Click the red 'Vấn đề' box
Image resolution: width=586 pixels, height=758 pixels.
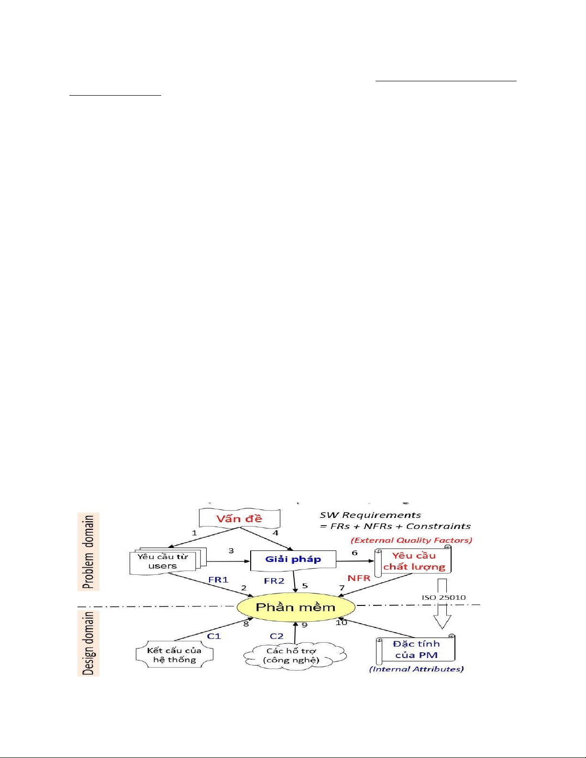[239, 518]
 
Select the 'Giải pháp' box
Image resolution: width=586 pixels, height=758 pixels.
[293, 560]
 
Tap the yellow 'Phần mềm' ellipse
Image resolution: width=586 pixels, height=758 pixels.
[296, 607]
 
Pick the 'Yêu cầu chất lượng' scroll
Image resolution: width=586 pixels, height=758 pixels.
[413, 561]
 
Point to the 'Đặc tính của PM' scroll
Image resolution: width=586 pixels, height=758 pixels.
[416, 649]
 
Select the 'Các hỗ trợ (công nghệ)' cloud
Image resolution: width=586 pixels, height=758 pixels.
[294, 656]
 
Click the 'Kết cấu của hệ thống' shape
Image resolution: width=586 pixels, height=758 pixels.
[174, 655]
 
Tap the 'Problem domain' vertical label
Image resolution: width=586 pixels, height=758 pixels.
[88, 551]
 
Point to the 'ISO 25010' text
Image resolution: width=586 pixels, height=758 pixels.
[444, 597]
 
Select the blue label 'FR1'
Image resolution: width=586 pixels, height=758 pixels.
[218, 580]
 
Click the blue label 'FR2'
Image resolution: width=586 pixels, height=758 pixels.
[274, 581]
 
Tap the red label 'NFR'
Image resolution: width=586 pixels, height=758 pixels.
[359, 578]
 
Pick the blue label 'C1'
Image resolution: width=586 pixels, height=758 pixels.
[214, 636]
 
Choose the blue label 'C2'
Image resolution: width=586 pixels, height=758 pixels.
[276, 636]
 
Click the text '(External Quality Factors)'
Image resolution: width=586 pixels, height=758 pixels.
[411, 540]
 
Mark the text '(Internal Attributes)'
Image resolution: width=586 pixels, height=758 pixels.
[417, 669]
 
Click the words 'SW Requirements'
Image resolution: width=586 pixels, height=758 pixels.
[370, 515]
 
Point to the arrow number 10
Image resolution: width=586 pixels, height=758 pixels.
[341, 622]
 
